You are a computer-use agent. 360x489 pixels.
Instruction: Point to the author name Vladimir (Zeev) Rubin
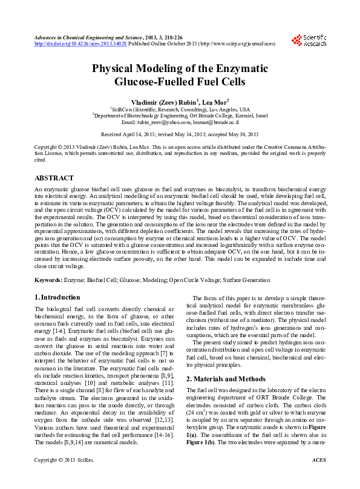[160, 102]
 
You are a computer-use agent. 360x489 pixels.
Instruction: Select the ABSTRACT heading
[54, 178]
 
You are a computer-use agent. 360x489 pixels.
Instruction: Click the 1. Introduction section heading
[57, 297]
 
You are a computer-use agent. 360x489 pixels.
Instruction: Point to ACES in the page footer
[318, 477]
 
